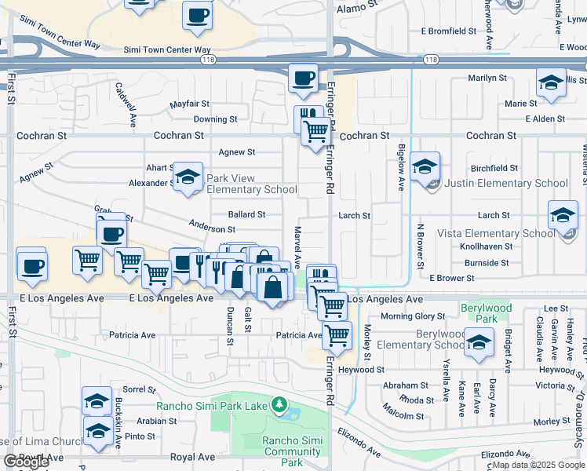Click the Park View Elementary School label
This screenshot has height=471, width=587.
click(x=251, y=184)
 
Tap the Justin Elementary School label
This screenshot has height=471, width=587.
click(x=505, y=184)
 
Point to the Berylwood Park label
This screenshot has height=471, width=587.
click(x=479, y=313)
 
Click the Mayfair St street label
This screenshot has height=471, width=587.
click(x=190, y=104)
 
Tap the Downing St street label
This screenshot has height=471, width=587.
click(x=215, y=119)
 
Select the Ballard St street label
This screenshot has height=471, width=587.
click(x=246, y=214)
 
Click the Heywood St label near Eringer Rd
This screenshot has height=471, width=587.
click(x=362, y=369)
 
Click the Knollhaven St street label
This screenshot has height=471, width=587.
click(x=487, y=246)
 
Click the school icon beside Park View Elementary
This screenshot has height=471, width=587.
click(x=188, y=177)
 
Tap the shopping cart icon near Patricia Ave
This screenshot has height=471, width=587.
click(x=337, y=334)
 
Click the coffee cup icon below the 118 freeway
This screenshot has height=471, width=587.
click(x=303, y=78)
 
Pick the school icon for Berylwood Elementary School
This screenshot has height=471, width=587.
click(x=479, y=341)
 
